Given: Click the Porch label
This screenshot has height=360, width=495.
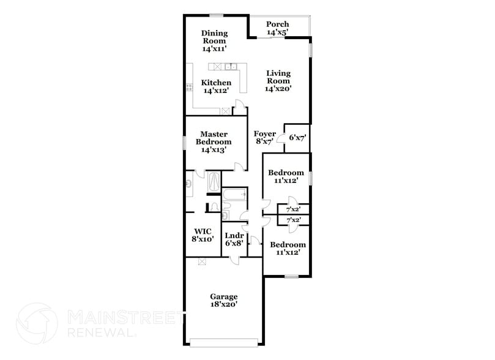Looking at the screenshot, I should [277, 24].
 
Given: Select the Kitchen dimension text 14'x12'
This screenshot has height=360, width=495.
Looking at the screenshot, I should [217, 91].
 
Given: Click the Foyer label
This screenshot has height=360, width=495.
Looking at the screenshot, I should [265, 133].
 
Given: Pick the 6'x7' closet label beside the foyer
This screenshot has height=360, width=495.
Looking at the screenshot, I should [297, 138].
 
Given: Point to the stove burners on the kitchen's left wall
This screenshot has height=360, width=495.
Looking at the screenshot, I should [188, 87].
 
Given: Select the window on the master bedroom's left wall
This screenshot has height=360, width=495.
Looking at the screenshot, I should [185, 142].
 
